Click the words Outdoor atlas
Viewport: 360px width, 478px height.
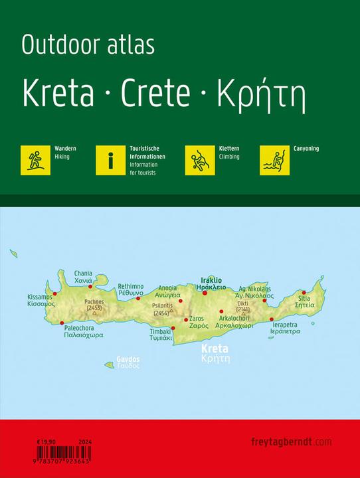[x=88, y=46]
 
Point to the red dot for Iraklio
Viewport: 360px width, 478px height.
[x=205, y=293]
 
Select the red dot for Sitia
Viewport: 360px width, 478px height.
[x=304, y=292]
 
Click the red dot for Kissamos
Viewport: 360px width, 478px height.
[x=55, y=293]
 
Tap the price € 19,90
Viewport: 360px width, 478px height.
[x=47, y=441]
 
